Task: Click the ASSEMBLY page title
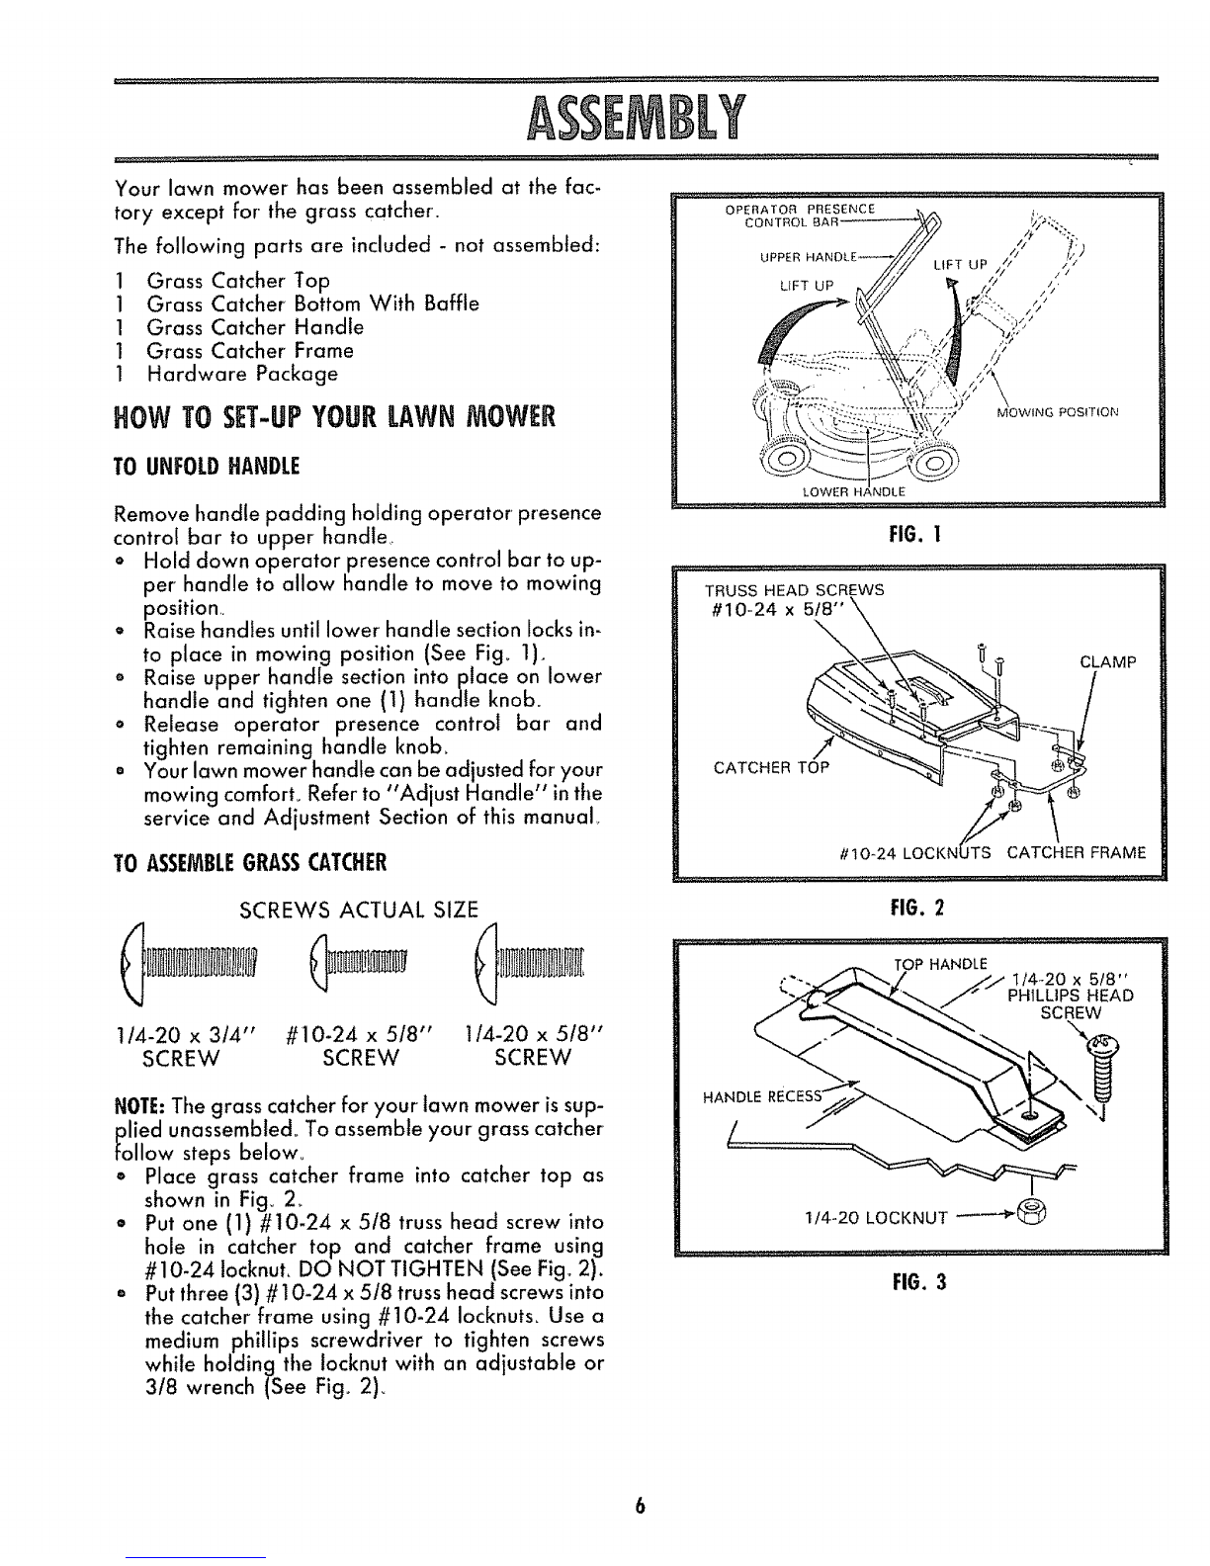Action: click(x=635, y=118)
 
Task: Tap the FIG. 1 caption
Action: click(x=915, y=534)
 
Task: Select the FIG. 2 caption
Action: click(x=916, y=908)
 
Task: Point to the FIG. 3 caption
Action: click(x=918, y=1282)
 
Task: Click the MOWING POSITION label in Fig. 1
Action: click(x=1057, y=412)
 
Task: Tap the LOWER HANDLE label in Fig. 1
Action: click(x=854, y=492)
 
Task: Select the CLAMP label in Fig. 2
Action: click(x=1107, y=662)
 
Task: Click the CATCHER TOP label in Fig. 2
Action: click(x=771, y=767)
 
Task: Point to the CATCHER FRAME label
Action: click(x=1076, y=853)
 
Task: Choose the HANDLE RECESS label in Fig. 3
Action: click(x=762, y=1096)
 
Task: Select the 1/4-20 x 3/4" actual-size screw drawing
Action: click(x=190, y=964)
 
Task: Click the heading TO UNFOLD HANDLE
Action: click(x=206, y=467)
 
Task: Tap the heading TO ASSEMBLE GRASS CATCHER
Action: click(x=250, y=862)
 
